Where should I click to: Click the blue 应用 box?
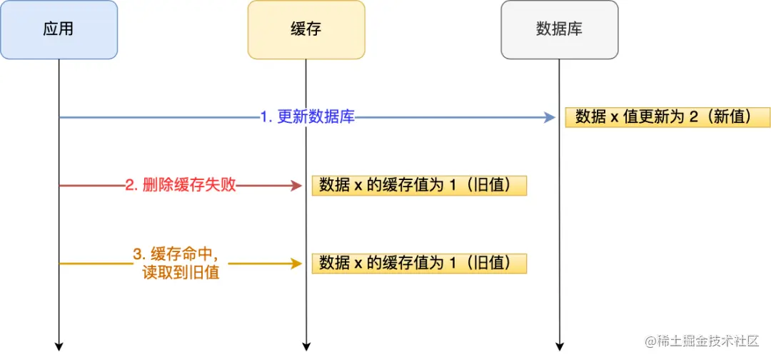[59, 29]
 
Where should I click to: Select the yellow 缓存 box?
[306, 29]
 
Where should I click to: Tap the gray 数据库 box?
[559, 29]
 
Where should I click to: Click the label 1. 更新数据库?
[307, 117]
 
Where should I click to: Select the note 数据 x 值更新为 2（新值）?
[667, 117]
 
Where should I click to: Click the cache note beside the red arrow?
[419, 186]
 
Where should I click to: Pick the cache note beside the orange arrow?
[419, 263]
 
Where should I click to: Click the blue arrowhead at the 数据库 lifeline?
[550, 117]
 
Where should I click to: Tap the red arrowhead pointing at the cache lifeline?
[297, 186]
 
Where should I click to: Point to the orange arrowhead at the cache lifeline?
[297, 264]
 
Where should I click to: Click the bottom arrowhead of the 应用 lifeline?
[59, 346]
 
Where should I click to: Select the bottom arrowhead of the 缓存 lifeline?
[306, 346]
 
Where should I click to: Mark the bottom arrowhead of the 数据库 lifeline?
[559, 346]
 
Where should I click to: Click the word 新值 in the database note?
[729, 117]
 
